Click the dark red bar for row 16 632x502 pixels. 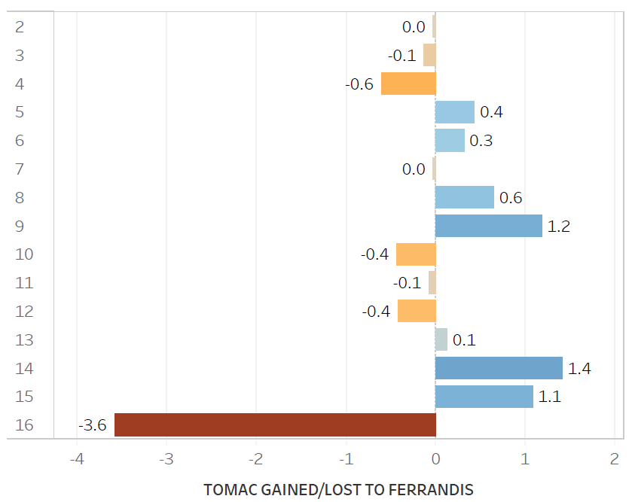(275, 425)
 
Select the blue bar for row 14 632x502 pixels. (499, 368)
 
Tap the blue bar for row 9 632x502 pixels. (488, 226)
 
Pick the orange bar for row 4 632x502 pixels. (408, 84)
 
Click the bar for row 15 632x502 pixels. (484, 397)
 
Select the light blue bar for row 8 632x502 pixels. (464, 197)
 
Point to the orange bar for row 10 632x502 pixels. (416, 254)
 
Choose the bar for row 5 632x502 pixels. (454, 112)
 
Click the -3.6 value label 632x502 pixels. (93, 426)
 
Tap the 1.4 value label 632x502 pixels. (579, 369)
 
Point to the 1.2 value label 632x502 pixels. (559, 227)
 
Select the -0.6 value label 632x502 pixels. (359, 84)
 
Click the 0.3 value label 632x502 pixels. (481, 141)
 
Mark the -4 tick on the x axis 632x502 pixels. (76, 458)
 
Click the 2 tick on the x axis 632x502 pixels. (615, 458)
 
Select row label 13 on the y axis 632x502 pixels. (24, 340)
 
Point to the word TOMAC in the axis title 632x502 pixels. (227, 490)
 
